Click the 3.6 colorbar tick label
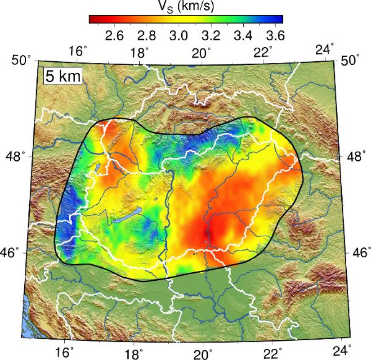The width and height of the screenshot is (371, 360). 274,35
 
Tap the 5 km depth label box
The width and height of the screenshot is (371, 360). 63,76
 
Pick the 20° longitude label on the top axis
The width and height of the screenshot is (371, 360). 202,53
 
